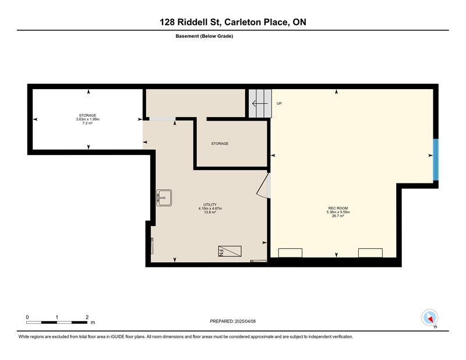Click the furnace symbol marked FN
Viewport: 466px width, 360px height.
(230, 251)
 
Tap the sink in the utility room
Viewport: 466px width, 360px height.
(164, 197)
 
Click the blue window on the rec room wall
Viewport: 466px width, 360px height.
(436, 160)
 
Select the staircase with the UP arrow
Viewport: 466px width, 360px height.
(260, 104)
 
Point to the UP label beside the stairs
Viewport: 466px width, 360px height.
(279, 104)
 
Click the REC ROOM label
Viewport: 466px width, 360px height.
(338, 208)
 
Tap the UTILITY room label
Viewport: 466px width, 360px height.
(210, 204)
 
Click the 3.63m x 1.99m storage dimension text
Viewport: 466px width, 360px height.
(88, 119)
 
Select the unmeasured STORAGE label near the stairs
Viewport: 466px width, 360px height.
(220, 143)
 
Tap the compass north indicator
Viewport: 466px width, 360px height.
(430, 318)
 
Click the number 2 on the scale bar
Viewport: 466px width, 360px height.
(87, 317)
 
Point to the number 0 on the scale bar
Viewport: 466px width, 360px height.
(27, 317)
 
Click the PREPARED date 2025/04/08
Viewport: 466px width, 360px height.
(245, 322)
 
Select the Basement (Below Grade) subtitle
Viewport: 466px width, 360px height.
(204, 36)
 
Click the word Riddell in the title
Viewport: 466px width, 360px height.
(195, 22)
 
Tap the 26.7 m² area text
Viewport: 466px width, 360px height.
(338, 216)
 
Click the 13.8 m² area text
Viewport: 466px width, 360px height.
(210, 212)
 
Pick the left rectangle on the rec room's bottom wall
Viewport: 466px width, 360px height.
(290, 253)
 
